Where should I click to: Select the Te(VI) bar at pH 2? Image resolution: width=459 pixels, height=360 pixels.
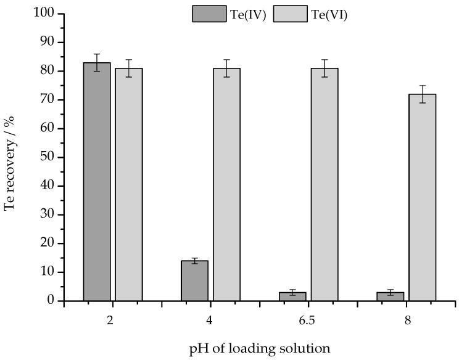129,184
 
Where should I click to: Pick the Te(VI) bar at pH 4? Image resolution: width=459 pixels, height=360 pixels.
226,184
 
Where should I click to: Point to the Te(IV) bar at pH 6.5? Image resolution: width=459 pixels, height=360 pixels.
292,297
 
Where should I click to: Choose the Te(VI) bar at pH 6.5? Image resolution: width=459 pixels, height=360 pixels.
325,184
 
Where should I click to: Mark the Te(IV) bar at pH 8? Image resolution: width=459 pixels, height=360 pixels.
390,297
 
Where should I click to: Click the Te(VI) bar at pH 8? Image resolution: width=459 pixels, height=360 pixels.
422,197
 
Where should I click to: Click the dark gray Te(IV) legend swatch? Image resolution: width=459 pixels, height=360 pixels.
209,14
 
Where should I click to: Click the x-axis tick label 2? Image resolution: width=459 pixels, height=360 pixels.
113,321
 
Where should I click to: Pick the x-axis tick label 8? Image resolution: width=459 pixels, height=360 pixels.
407,321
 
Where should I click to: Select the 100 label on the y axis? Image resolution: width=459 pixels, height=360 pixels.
44,14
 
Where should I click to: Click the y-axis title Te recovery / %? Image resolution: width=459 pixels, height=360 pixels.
10,157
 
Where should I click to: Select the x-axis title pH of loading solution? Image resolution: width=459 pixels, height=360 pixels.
260,348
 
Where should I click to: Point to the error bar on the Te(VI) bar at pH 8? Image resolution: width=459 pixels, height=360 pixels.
422,94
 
